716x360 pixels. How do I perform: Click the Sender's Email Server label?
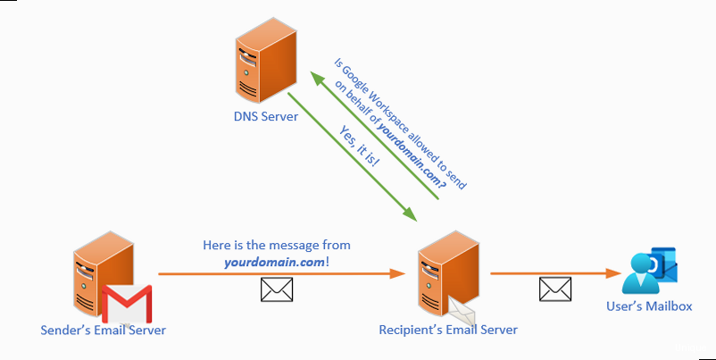(104, 331)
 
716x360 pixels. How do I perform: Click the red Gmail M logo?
(127, 304)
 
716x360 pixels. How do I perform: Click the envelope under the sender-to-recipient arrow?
(276, 289)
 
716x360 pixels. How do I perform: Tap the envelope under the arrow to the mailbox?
(554, 289)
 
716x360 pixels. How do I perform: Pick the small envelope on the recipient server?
(463, 310)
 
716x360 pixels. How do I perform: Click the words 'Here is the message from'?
(277, 245)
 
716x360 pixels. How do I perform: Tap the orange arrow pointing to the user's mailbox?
(554, 272)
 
